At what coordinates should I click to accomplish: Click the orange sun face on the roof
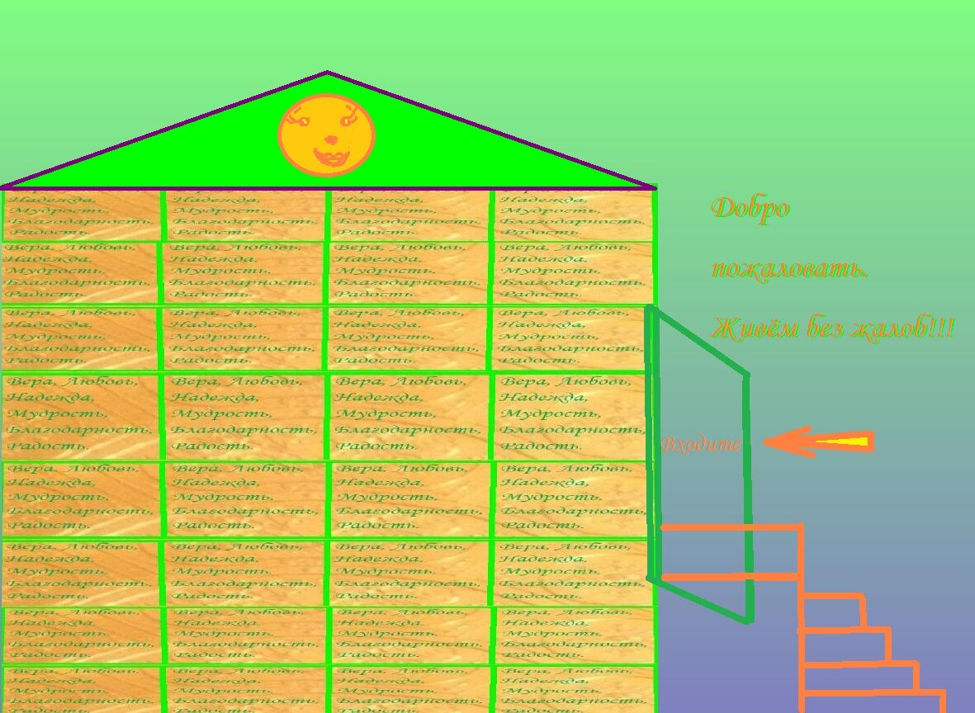(327, 135)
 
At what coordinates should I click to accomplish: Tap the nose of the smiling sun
(330, 139)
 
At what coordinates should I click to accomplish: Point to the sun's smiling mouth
(330, 157)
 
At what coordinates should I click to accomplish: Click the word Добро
(750, 208)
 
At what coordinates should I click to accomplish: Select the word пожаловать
(789, 269)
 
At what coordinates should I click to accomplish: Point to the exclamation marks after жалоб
(942, 328)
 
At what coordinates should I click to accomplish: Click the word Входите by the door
(701, 444)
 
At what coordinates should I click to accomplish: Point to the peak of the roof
(327, 73)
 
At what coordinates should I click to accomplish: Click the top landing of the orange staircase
(731, 550)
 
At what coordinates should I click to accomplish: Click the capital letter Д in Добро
(722, 208)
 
